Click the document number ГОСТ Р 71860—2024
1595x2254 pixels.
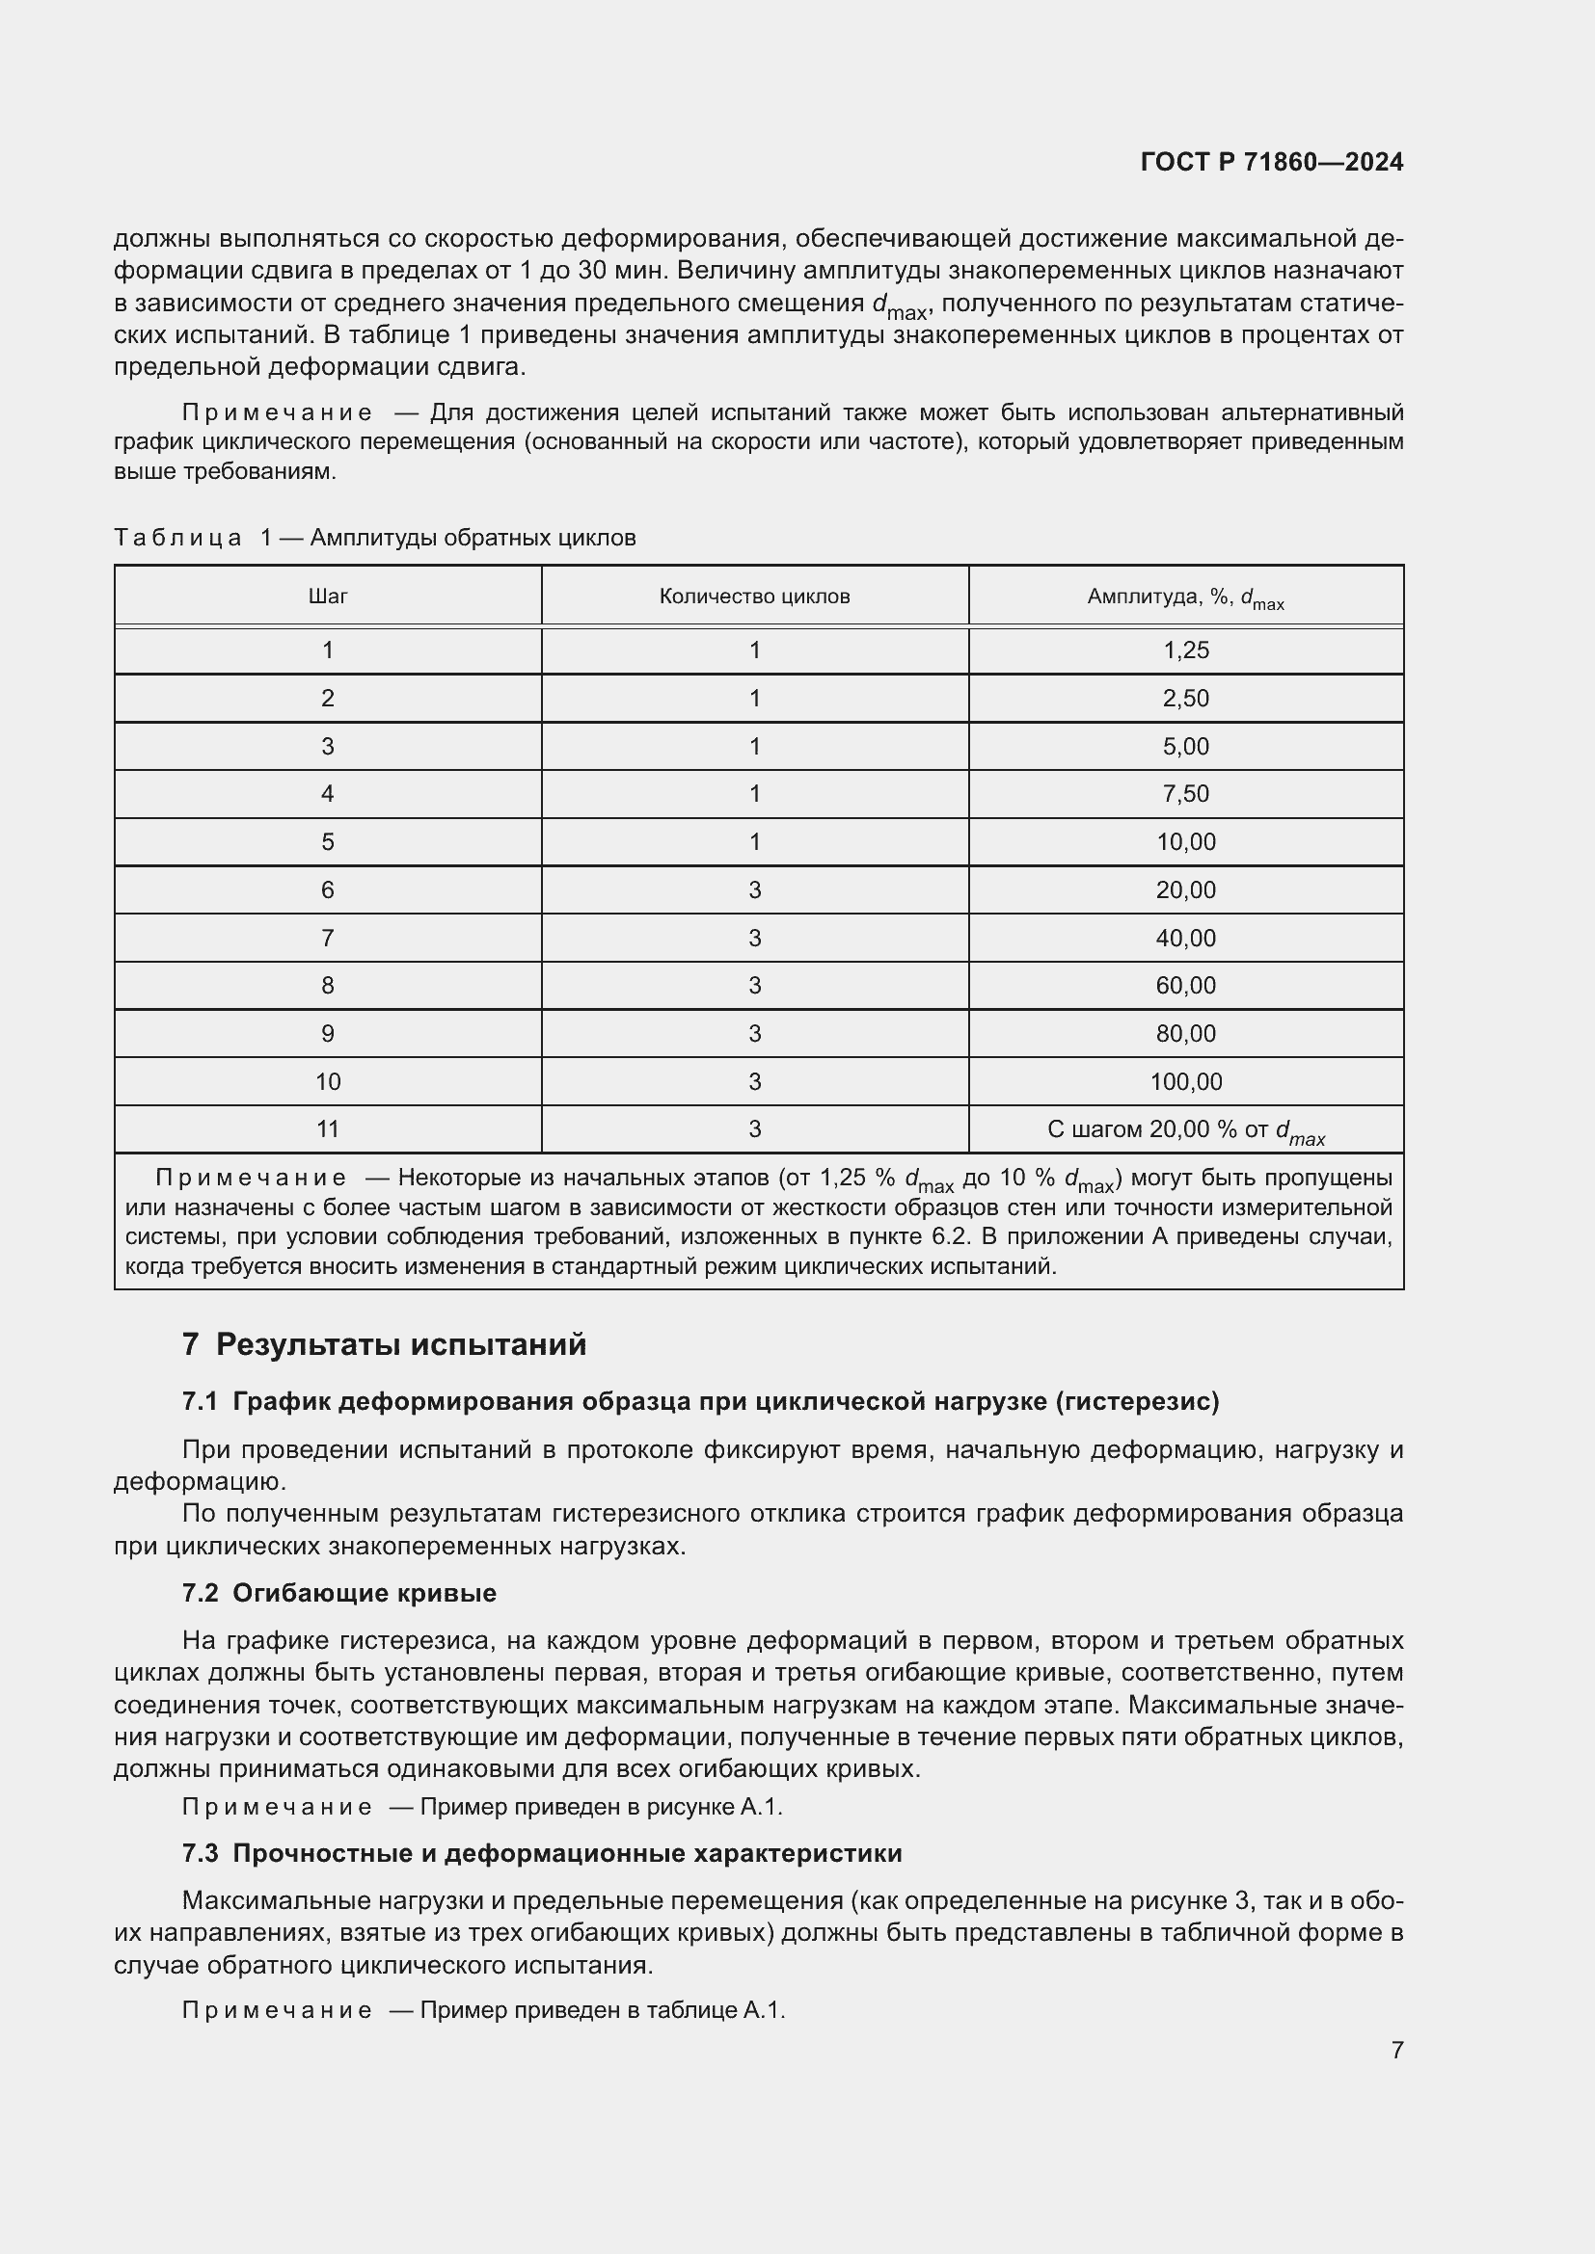pos(1271,162)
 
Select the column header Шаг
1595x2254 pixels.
pos(327,596)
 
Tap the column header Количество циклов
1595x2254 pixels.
pos(754,596)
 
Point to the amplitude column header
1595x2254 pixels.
pos(1185,597)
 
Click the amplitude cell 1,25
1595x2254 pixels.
pos(1185,650)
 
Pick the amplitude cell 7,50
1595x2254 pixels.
pos(1185,793)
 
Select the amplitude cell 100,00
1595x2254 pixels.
pos(1185,1082)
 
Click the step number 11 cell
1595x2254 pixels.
pos(327,1129)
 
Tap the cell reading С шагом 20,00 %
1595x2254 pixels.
pos(1185,1130)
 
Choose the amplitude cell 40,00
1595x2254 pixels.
pos(1185,938)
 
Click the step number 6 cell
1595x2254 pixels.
pos(327,889)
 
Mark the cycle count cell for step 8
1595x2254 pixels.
pos(754,985)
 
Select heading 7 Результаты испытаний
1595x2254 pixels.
pos(384,1344)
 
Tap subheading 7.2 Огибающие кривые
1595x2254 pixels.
pos(338,1592)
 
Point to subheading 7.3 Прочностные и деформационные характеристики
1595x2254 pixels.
pos(541,1852)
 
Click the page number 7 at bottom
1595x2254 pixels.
pos(1396,2050)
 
